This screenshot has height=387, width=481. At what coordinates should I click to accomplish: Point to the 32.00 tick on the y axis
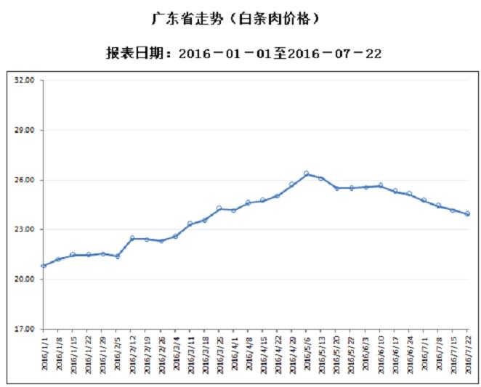[x=25, y=81]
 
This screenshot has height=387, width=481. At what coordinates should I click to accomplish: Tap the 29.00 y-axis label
[x=25, y=131]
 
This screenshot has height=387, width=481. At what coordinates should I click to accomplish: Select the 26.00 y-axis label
[x=25, y=180]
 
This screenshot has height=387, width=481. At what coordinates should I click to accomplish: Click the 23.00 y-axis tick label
[x=25, y=229]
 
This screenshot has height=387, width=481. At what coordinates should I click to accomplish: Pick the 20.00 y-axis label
[x=25, y=280]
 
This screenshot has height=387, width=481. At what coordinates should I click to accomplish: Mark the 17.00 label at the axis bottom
[x=25, y=329]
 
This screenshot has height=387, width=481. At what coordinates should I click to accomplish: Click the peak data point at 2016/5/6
[x=307, y=174]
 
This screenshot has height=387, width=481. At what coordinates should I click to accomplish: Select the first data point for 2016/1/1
[x=44, y=266]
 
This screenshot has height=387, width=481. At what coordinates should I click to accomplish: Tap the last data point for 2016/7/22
[x=467, y=213]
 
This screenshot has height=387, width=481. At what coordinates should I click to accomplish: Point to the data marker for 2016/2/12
[x=132, y=238]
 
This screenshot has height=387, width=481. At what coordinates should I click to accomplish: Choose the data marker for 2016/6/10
[x=380, y=186]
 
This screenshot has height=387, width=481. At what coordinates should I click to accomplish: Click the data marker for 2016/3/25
[x=219, y=208]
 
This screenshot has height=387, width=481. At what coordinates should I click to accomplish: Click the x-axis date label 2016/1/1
[x=44, y=354]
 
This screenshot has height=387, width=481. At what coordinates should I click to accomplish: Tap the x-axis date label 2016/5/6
[x=307, y=354]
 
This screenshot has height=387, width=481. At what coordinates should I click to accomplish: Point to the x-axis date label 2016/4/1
[x=234, y=354]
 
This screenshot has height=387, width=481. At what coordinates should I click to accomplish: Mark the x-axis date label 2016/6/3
[x=365, y=354]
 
